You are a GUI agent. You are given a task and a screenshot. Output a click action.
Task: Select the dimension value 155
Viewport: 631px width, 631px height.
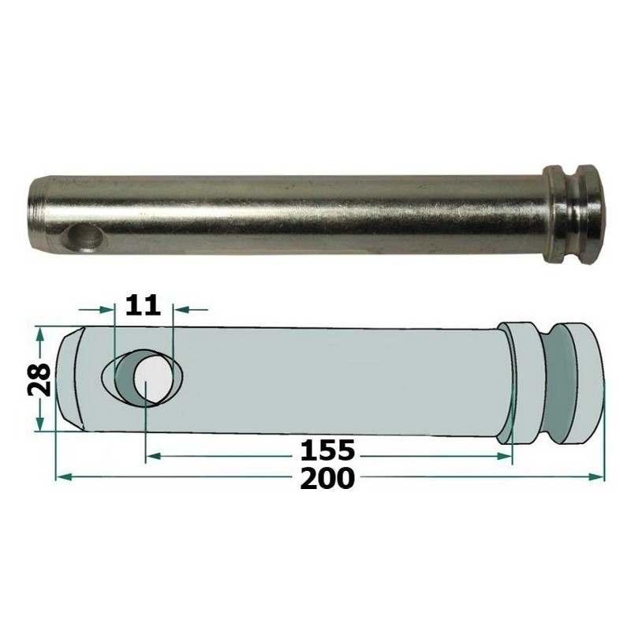(x=327, y=452)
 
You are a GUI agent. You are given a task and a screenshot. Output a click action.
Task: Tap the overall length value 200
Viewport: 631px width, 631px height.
(x=327, y=478)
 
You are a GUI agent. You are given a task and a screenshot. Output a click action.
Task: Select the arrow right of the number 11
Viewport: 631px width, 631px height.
(x=181, y=308)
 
